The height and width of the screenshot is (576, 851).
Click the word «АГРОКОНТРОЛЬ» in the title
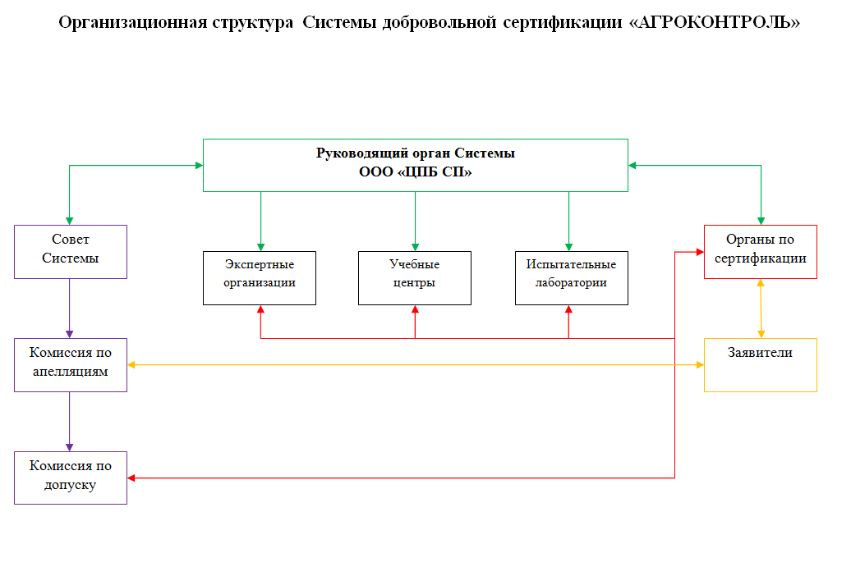pyautogui.click(x=715, y=22)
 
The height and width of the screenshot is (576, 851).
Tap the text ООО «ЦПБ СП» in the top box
pyautogui.click(x=415, y=172)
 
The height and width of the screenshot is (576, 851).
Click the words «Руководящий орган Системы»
pyautogui.click(x=415, y=153)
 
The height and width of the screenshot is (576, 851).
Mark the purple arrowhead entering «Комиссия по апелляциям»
pyautogui.click(x=70, y=335)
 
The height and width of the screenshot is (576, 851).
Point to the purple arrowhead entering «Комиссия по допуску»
pyautogui.click(x=70, y=448)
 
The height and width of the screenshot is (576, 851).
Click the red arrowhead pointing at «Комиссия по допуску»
pyautogui.click(x=131, y=478)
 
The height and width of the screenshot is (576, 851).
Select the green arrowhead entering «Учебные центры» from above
pyautogui.click(x=415, y=247)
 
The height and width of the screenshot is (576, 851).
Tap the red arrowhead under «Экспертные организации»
pyautogui.click(x=260, y=309)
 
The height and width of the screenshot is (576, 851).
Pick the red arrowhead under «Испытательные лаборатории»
pyautogui.click(x=568, y=309)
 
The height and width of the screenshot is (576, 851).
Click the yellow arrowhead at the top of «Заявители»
pyautogui.click(x=761, y=335)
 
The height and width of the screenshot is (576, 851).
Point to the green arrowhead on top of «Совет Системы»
pyautogui.click(x=70, y=222)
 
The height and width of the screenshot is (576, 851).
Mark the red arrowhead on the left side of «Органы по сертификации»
pyautogui.click(x=700, y=252)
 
